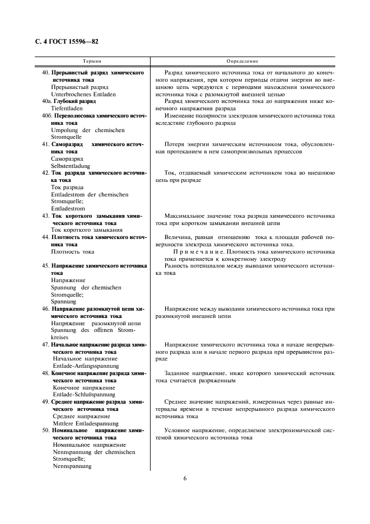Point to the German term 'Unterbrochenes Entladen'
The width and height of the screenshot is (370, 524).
click(x=82, y=95)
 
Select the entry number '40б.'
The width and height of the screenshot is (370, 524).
click(x=48, y=116)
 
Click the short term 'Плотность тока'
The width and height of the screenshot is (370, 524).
click(x=73, y=251)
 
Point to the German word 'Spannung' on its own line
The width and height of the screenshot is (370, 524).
click(x=64, y=301)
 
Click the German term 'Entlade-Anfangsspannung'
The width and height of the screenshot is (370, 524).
click(x=86, y=366)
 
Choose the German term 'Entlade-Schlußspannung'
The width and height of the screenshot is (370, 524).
click(x=83, y=394)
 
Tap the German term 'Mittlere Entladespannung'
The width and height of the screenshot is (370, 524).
click(x=85, y=423)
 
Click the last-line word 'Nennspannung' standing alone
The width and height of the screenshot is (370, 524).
click(x=72, y=466)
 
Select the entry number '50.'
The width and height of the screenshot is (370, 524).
click(x=46, y=430)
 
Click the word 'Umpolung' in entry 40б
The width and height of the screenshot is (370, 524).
click(x=65, y=130)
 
